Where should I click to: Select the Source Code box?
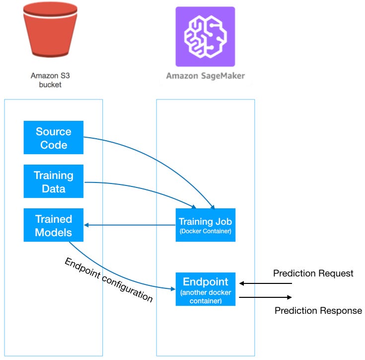point(54,138)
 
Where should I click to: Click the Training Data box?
point(54,181)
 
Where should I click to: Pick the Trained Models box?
point(54,225)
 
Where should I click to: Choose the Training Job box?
point(205,225)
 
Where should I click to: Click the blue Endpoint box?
point(205,288)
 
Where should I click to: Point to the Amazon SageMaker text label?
point(205,76)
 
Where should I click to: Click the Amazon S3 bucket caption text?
point(50,80)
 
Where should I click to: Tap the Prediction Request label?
point(313,273)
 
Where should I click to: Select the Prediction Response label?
point(318,311)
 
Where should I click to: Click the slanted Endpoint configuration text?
point(108,279)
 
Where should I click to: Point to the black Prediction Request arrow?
point(266,283)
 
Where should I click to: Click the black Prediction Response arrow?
point(266,297)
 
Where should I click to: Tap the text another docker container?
point(205,296)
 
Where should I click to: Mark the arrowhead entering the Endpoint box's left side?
point(172,288)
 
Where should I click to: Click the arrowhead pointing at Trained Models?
point(87,225)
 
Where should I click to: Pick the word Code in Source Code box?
point(54,145)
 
